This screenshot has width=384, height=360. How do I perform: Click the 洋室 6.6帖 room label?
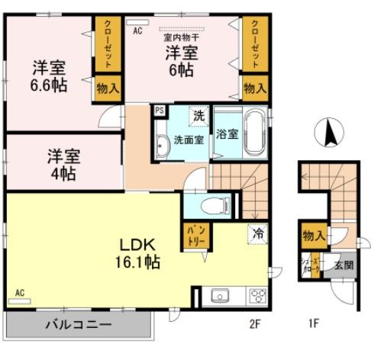click(49, 76)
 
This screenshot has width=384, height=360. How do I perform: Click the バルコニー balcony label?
click(78, 324)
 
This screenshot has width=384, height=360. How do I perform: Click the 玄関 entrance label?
click(343, 266)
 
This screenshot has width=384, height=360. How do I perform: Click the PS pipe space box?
click(160, 110)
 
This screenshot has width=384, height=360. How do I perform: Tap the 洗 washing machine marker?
click(198, 117)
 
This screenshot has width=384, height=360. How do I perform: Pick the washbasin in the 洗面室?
click(163, 145)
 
